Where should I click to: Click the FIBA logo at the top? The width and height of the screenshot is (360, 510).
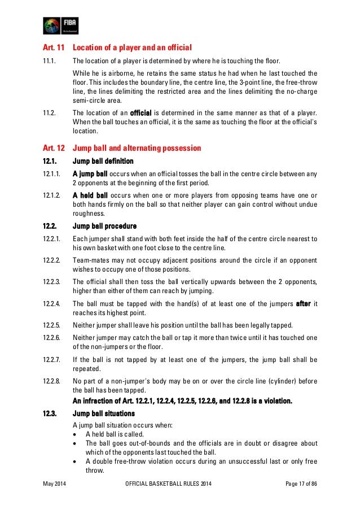click(x=61, y=25)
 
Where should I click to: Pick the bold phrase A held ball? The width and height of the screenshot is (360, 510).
click(x=90, y=195)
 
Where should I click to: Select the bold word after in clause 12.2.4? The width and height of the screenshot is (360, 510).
click(x=304, y=303)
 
